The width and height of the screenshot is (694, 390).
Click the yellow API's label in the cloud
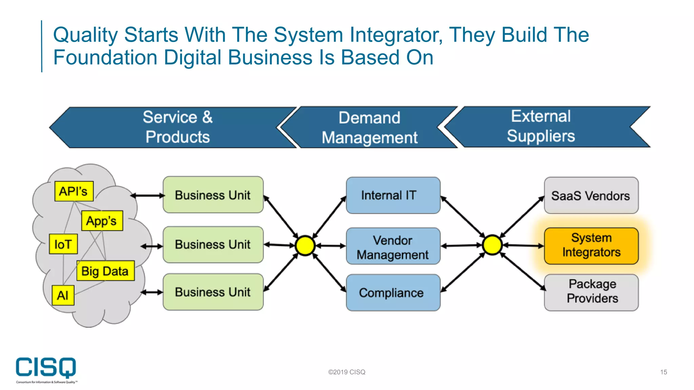(74, 191)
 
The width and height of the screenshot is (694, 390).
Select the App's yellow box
(102, 221)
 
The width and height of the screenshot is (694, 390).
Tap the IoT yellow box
(63, 244)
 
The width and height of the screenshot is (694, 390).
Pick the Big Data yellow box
(105, 271)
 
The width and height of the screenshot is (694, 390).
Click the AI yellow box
(63, 295)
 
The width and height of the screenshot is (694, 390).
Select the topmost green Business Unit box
(213, 195)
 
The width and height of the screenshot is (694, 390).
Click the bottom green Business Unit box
(213, 292)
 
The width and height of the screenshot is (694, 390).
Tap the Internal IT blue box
(393, 195)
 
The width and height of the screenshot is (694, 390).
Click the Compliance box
(393, 293)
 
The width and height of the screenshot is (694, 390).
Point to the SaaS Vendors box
(591, 196)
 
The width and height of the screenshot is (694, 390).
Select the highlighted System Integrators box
(591, 245)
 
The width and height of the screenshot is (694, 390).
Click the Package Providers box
(591, 292)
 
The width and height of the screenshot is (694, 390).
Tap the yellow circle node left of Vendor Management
(305, 245)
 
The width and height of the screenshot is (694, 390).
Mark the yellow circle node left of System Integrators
(492, 245)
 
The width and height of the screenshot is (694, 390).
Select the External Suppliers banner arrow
(541, 126)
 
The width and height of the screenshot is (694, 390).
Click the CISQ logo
(46, 369)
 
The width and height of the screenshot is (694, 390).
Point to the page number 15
(663, 372)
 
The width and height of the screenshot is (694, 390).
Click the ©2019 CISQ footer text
(347, 372)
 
